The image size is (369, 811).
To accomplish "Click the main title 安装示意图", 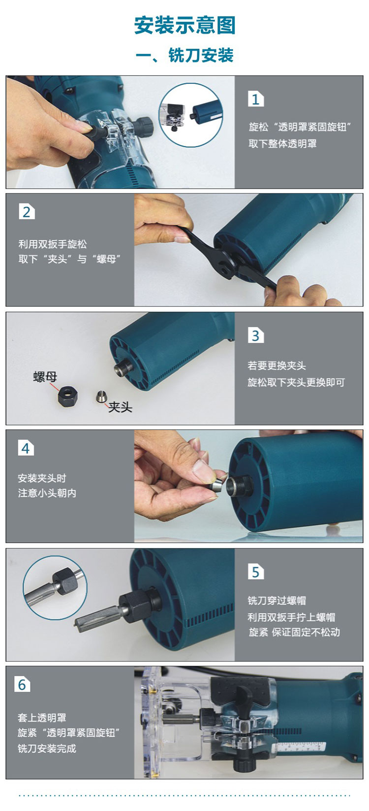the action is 185,25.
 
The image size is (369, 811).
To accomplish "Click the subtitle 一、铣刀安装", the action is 185,56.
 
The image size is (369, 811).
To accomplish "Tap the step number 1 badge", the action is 255,99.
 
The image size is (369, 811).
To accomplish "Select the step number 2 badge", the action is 27,211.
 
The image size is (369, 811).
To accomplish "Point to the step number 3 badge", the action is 255,336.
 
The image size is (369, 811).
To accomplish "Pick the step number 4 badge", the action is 26,448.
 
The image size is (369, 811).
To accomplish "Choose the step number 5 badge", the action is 255,572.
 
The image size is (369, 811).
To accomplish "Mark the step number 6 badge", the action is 22,685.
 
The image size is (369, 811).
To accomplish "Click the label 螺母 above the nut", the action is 45,377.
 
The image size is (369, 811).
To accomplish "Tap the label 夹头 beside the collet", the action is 121,407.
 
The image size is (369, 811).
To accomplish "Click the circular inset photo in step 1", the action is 191,115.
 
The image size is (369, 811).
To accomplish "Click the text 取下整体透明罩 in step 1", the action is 282,144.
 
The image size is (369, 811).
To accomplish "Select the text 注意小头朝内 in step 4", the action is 47,493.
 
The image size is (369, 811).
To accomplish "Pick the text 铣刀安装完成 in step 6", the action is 47,748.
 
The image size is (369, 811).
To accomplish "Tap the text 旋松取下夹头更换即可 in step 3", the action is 296,382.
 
